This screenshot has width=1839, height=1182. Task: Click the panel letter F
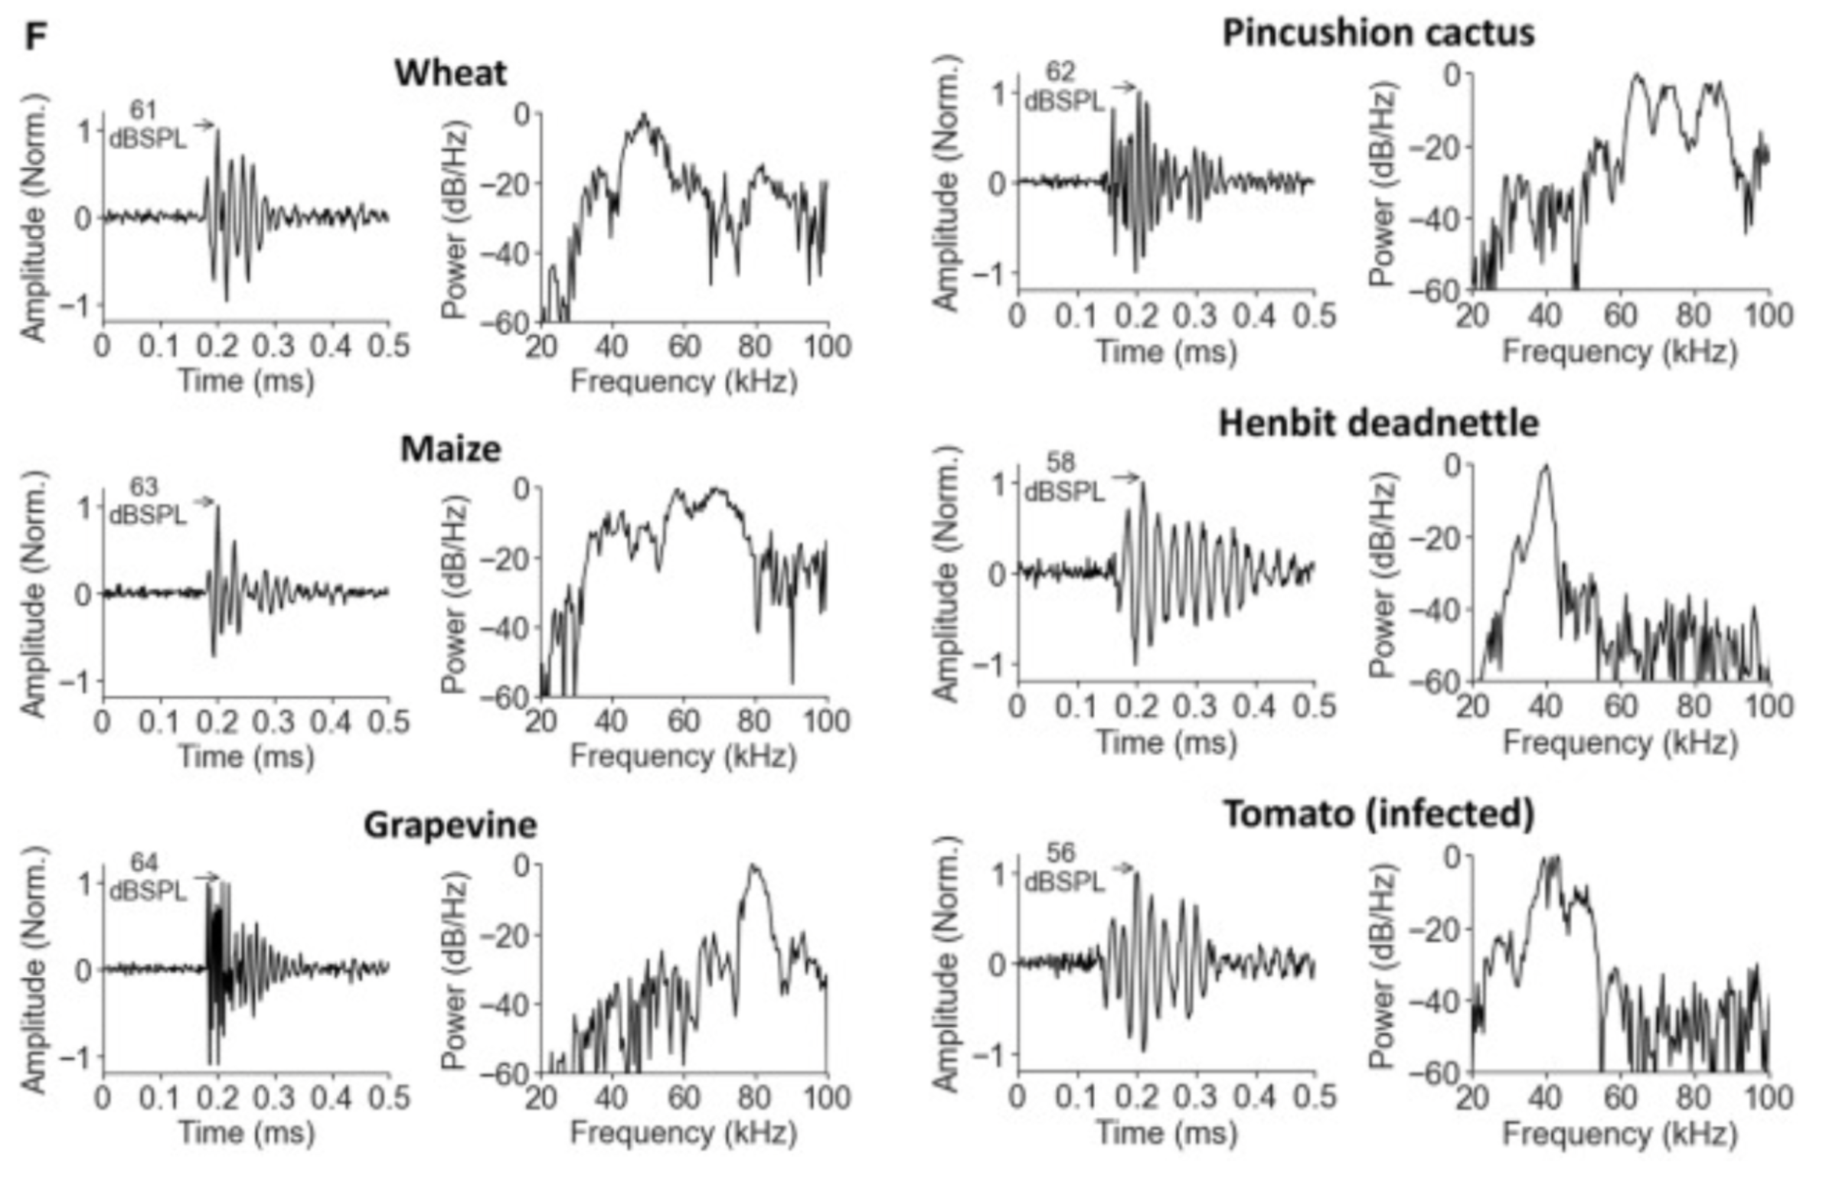click(35, 35)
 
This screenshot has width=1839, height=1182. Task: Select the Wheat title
click(450, 73)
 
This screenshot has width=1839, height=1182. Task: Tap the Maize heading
click(450, 449)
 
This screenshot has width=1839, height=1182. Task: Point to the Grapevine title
click(450, 825)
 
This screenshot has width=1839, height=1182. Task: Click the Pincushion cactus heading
click(1378, 33)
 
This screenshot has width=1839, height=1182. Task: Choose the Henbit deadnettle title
click(1378, 424)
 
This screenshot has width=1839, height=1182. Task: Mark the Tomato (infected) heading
click(1378, 814)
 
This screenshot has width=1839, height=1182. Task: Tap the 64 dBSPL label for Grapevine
click(147, 878)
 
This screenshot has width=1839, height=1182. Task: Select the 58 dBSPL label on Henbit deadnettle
click(1063, 477)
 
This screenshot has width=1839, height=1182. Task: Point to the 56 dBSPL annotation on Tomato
click(1063, 868)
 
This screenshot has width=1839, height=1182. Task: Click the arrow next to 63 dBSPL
click(203, 502)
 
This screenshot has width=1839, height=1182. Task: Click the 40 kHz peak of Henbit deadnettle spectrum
click(1545, 466)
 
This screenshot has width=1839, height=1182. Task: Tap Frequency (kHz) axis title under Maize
click(684, 757)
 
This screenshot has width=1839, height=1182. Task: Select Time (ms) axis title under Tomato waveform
click(1166, 1134)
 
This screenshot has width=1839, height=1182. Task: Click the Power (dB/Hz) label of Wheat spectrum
click(456, 219)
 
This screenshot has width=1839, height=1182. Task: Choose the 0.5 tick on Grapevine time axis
click(388, 1099)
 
